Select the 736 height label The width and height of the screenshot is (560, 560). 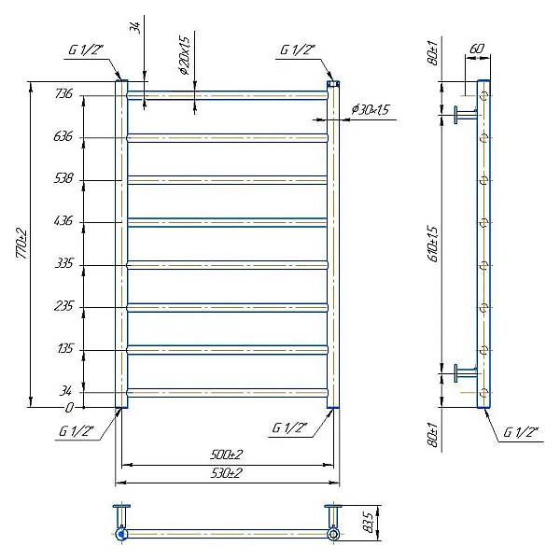[63, 93]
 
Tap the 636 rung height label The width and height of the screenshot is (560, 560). [63, 136]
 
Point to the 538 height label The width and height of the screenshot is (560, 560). [63, 178]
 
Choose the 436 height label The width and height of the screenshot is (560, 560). [63, 220]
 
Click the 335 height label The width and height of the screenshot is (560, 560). [63, 263]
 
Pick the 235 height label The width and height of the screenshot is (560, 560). [63, 306]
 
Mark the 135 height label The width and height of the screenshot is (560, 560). [65, 348]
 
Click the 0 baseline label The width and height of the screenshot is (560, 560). [69, 408]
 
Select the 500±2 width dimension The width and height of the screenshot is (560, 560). [227, 455]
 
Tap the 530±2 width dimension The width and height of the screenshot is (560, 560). [227, 473]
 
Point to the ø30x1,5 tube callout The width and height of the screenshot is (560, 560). [371, 109]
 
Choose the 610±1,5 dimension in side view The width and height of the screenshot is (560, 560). [433, 245]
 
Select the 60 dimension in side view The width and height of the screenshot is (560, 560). [477, 49]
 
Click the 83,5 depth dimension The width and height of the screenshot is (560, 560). [370, 523]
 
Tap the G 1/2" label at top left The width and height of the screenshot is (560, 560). [86, 50]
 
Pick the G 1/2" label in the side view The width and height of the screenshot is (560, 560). [521, 432]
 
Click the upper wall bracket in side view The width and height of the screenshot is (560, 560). [466, 115]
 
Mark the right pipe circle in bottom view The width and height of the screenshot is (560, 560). [333, 534]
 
